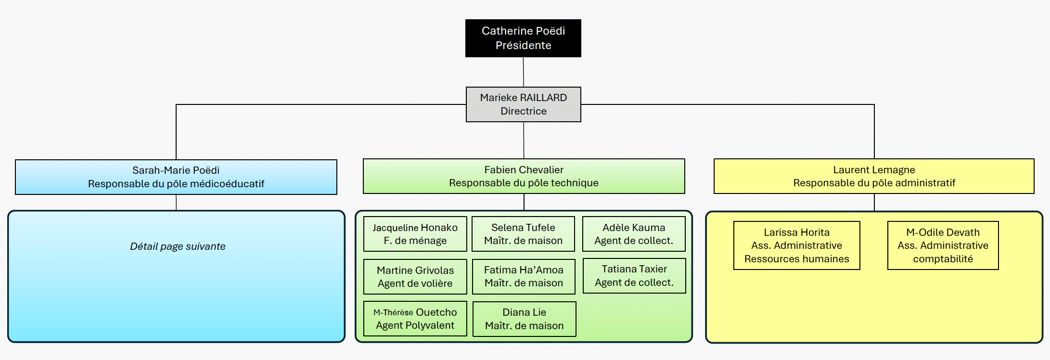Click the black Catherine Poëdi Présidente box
[523, 38]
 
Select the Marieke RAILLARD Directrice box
[523, 104]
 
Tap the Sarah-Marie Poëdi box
[176, 177]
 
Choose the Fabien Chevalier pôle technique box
[524, 176]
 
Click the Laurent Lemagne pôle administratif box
[874, 176]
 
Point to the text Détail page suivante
[178, 246]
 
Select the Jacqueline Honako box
[415, 234]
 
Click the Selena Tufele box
[523, 234]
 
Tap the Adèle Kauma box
[634, 234]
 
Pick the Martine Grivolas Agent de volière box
[415, 277]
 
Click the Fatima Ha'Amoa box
[524, 276]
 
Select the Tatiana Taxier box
[634, 276]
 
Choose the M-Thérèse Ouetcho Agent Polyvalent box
[415, 319]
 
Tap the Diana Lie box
[524, 319]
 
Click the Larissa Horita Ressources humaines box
[796, 245]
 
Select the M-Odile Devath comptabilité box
[943, 245]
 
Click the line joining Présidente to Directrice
[524, 72]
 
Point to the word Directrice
[524, 111]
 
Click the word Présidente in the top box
[524, 45]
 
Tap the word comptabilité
[943, 259]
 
